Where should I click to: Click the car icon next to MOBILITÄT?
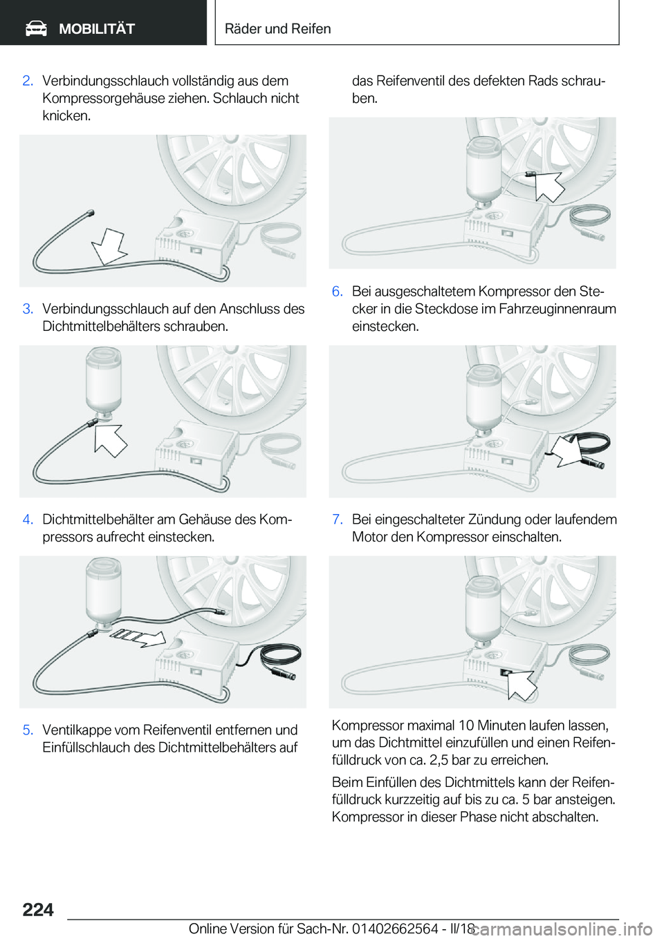tap(36, 28)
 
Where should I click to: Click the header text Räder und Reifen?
tap(277, 28)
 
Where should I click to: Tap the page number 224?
tap(38, 909)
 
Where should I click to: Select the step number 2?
tap(28, 81)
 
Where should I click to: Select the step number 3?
tap(28, 309)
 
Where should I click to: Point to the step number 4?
tap(28, 520)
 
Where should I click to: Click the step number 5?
tap(28, 730)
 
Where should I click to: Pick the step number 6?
tap(338, 291)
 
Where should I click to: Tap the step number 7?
tap(338, 520)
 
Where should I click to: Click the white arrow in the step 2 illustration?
tap(109, 247)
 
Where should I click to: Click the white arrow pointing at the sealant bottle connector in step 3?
tap(109, 440)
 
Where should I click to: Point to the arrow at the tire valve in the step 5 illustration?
tap(548, 186)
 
